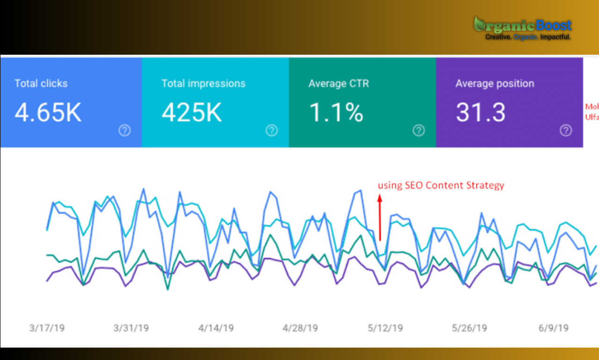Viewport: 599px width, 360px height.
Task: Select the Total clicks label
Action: pyautogui.click(x=41, y=84)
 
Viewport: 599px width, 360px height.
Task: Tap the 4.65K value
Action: pyautogui.click(x=48, y=113)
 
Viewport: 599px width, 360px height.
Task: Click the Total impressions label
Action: pyautogui.click(x=203, y=84)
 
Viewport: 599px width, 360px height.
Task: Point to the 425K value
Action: pyautogui.click(x=192, y=113)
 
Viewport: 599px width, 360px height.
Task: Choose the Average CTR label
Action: pyautogui.click(x=338, y=84)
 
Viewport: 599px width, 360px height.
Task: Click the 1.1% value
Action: pyautogui.click(x=336, y=113)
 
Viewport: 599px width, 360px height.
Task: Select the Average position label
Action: pyautogui.click(x=495, y=84)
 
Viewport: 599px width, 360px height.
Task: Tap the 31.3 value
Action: pyautogui.click(x=481, y=113)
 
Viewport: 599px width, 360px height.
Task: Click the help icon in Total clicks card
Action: pyautogui.click(x=124, y=131)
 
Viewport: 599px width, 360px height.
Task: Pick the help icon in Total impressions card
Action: pyautogui.click(x=271, y=131)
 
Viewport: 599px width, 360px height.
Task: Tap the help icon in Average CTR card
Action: pyautogui.click(x=418, y=131)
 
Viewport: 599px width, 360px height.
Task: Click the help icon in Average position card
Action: pyautogui.click(x=566, y=131)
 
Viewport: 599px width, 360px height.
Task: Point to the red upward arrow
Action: pyautogui.click(x=380, y=218)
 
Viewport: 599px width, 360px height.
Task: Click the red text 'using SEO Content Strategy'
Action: pyautogui.click(x=441, y=185)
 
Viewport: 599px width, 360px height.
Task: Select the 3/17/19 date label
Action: pyautogui.click(x=47, y=328)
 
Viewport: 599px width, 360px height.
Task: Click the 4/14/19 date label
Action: pyautogui.click(x=216, y=328)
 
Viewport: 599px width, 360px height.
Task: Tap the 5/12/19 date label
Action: pyautogui.click(x=385, y=328)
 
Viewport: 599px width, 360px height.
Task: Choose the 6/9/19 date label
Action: pyautogui.click(x=554, y=328)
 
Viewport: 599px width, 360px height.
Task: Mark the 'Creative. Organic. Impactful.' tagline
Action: pyautogui.click(x=528, y=37)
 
